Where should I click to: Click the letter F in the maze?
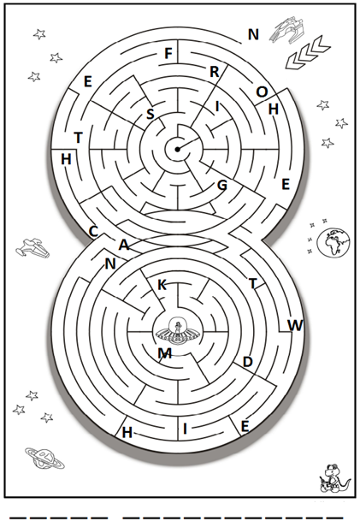[168, 53]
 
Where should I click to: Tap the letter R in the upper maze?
[215, 72]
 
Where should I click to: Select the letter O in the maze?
[262, 92]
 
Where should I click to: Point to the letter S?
[150, 115]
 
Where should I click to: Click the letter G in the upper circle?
[222, 185]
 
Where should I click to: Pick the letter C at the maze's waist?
[93, 231]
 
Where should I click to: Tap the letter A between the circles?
[124, 245]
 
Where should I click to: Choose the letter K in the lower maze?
[162, 285]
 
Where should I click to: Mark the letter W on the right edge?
[296, 325]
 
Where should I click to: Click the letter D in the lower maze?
[247, 362]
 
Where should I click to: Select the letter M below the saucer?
[164, 352]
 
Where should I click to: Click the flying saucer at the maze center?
[177, 332]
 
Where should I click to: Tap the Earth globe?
[333, 242]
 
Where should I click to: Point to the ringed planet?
[44, 458]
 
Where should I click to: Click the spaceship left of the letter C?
[32, 248]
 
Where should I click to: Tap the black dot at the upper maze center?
[177, 149]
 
